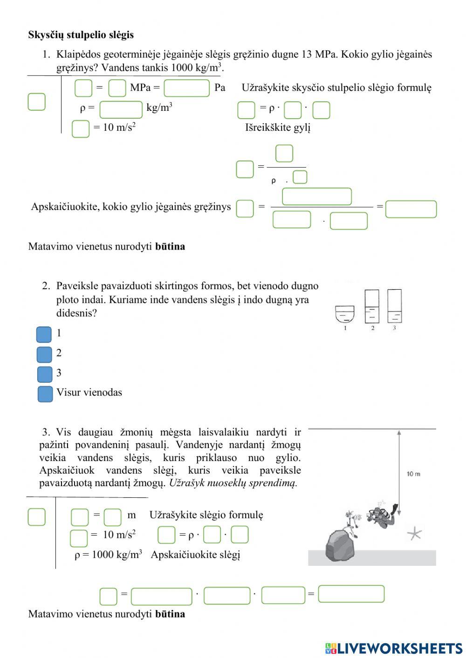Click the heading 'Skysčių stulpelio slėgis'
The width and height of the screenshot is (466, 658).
(x=81, y=35)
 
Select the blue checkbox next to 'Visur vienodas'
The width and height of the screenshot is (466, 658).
(x=45, y=394)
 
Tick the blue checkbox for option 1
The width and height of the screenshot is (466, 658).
(x=44, y=334)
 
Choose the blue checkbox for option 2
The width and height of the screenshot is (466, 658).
(x=44, y=354)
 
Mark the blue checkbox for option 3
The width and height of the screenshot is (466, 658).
(x=45, y=374)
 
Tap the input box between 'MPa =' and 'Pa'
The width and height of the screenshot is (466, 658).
(x=186, y=88)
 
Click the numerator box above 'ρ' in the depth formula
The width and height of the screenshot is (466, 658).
(x=284, y=153)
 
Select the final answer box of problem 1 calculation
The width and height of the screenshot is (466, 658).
(x=411, y=209)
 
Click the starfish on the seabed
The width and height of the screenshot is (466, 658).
(x=414, y=533)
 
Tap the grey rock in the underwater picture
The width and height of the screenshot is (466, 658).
(x=340, y=545)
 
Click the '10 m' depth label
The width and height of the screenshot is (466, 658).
(x=413, y=474)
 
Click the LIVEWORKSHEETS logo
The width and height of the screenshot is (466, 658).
(x=394, y=648)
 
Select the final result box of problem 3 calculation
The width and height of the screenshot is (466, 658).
(x=351, y=594)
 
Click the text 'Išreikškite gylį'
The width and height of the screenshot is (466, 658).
(x=278, y=128)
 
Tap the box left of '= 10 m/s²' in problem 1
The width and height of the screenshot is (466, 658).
(x=81, y=129)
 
